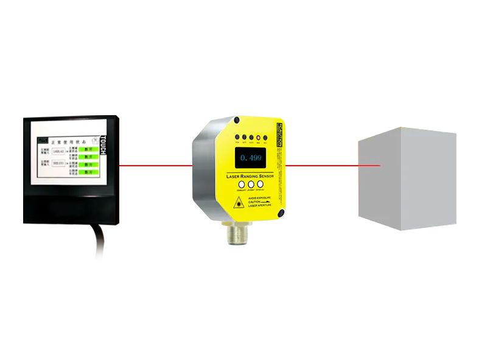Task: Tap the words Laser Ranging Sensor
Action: tap(250, 175)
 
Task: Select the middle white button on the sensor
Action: tap(250, 185)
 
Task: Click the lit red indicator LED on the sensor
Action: tap(259, 137)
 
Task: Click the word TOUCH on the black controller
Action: tap(103, 145)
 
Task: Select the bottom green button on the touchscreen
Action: tap(88, 172)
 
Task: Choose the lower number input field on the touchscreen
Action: tap(58, 164)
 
